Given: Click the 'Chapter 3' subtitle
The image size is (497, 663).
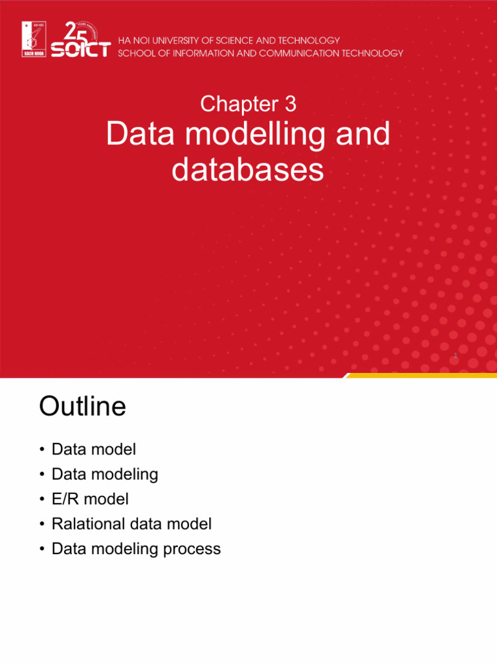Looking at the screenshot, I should [x=248, y=104].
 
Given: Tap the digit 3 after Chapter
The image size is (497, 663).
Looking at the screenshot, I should [x=290, y=104].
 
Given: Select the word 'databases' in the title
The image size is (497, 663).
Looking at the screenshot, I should [x=248, y=170].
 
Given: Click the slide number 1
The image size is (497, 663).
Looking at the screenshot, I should [x=456, y=356].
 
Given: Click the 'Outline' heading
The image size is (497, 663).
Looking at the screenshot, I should [x=82, y=407].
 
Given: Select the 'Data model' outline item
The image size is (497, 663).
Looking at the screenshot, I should [x=94, y=449].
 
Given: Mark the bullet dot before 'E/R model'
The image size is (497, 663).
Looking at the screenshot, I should [x=41, y=500].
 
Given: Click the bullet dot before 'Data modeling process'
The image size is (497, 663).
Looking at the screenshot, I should [x=41, y=550].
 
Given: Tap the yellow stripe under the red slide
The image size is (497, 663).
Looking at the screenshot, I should [x=421, y=376].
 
